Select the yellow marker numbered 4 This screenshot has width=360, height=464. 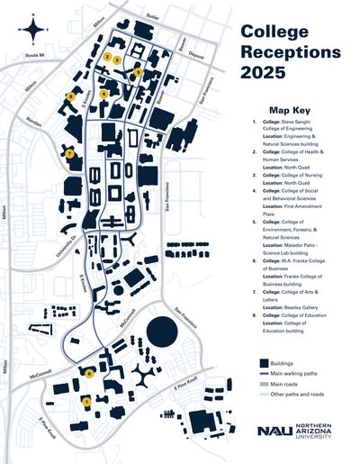[x=104, y=94]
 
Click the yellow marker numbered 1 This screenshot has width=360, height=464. [x=85, y=402]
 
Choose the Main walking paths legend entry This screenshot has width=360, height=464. [x=287, y=370]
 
